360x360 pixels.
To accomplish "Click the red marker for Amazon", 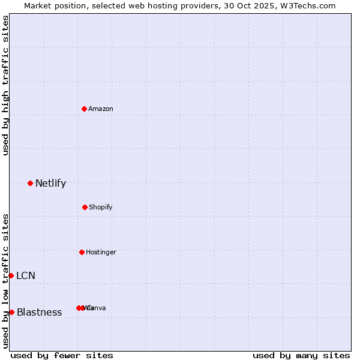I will pyautogui.click(x=85, y=109).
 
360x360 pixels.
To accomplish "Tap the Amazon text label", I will pyautogui.click(x=101, y=109).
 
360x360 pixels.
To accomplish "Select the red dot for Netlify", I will pyautogui.click(x=30, y=183).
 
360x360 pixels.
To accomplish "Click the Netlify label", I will pyautogui.click(x=50, y=184).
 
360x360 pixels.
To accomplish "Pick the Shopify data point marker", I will pyautogui.click(x=85, y=207).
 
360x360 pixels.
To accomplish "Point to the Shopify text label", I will pyautogui.click(x=101, y=208).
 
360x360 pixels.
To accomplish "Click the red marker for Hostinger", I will pyautogui.click(x=82, y=252).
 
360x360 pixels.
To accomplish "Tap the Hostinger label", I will pyautogui.click(x=101, y=253).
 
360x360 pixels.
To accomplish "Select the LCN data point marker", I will pyautogui.click(x=11, y=275).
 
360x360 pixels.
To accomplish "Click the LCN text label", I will pyautogui.click(x=26, y=276).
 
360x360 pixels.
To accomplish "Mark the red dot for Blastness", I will pyautogui.click(x=11, y=312).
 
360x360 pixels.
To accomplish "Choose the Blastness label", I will pyautogui.click(x=40, y=313).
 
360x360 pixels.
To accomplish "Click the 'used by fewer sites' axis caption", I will pyautogui.click(x=62, y=355).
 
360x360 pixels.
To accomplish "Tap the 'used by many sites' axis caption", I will pyautogui.click(x=301, y=355).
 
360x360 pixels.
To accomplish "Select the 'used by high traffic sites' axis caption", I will pyautogui.click(x=6, y=85).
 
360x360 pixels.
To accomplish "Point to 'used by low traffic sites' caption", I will pyautogui.click(x=6, y=281).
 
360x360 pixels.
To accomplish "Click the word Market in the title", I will pyautogui.click(x=38, y=5).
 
